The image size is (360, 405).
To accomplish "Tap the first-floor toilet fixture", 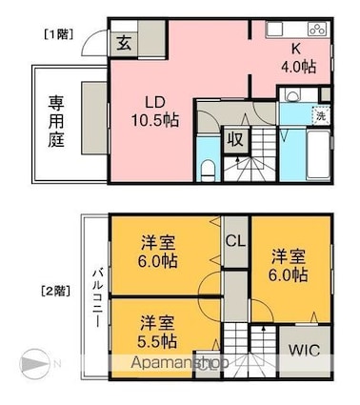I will [x=209, y=171].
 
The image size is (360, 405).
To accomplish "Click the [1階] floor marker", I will [x=56, y=37].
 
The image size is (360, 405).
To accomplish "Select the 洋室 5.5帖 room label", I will [x=155, y=330].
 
